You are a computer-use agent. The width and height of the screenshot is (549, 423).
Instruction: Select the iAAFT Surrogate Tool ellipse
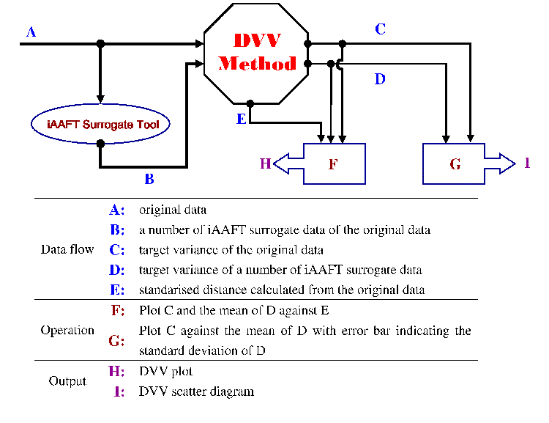100,124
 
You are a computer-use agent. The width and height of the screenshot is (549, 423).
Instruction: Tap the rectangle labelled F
333,163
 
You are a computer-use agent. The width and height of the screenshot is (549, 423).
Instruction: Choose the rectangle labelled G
454,163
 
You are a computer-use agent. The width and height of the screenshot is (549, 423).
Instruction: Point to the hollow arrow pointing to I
499,163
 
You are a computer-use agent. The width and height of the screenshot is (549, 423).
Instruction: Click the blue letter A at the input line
31,32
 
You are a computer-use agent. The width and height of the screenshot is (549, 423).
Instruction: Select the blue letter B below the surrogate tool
149,178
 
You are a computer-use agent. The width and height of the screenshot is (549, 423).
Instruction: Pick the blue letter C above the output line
380,29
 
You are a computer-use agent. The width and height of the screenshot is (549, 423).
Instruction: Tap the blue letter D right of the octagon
379,79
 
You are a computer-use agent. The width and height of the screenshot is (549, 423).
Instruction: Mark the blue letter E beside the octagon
241,119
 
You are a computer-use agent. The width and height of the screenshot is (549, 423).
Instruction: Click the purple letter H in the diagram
266,163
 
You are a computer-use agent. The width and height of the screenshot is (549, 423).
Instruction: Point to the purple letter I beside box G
527,163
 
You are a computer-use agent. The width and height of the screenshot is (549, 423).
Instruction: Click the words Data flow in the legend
67,249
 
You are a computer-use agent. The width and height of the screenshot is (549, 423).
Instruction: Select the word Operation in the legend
67,330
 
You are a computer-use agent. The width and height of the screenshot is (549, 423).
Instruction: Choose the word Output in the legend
67,381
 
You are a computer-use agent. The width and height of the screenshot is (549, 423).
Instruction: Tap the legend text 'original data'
173,210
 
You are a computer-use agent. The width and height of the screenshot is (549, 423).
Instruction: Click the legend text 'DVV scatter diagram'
196,391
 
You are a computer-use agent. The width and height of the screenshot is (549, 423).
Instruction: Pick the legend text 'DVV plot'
165,372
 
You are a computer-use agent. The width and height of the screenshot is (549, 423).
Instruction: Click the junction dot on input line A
101,44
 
